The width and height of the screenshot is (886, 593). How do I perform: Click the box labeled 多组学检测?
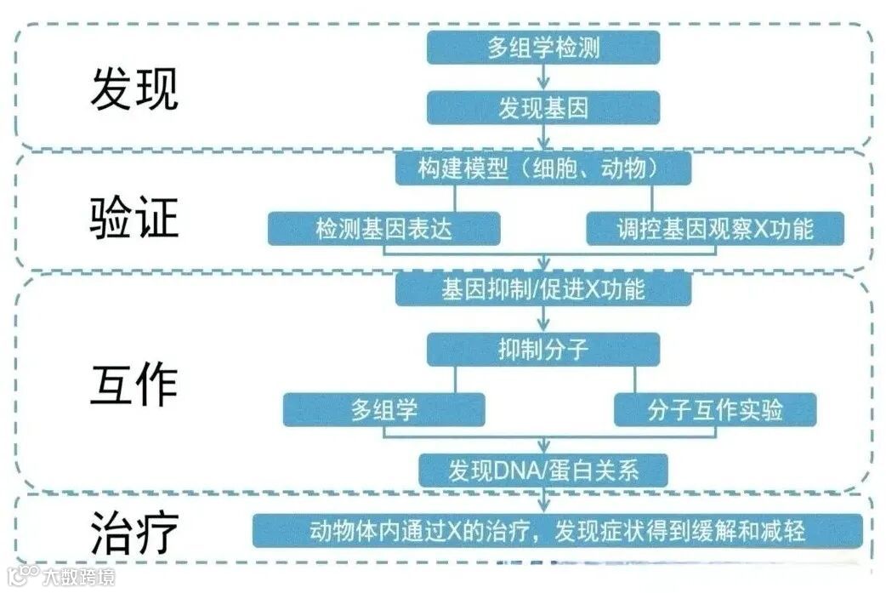543,47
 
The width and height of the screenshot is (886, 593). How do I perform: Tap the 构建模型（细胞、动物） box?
543,168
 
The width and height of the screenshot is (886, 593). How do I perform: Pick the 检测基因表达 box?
383,228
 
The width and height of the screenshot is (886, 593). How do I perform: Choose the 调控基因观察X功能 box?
715,228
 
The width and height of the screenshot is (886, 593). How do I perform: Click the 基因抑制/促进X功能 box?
543,289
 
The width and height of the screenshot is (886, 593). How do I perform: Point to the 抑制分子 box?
543,349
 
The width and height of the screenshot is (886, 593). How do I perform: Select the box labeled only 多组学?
384,409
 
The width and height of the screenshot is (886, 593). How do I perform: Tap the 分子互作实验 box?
715,409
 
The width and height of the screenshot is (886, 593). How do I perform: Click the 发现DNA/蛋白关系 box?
543,470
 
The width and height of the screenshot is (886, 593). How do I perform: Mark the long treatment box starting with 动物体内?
558,531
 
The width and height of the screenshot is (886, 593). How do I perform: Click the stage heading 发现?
134,89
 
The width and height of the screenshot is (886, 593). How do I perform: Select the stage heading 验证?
134,218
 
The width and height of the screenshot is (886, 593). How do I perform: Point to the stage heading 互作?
134,384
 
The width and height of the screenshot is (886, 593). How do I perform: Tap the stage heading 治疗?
134,533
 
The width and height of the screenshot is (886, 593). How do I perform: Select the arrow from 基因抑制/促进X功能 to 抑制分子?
543,319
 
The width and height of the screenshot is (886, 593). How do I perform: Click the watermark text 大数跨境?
77,578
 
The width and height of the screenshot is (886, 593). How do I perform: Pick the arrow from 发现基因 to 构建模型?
543,138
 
